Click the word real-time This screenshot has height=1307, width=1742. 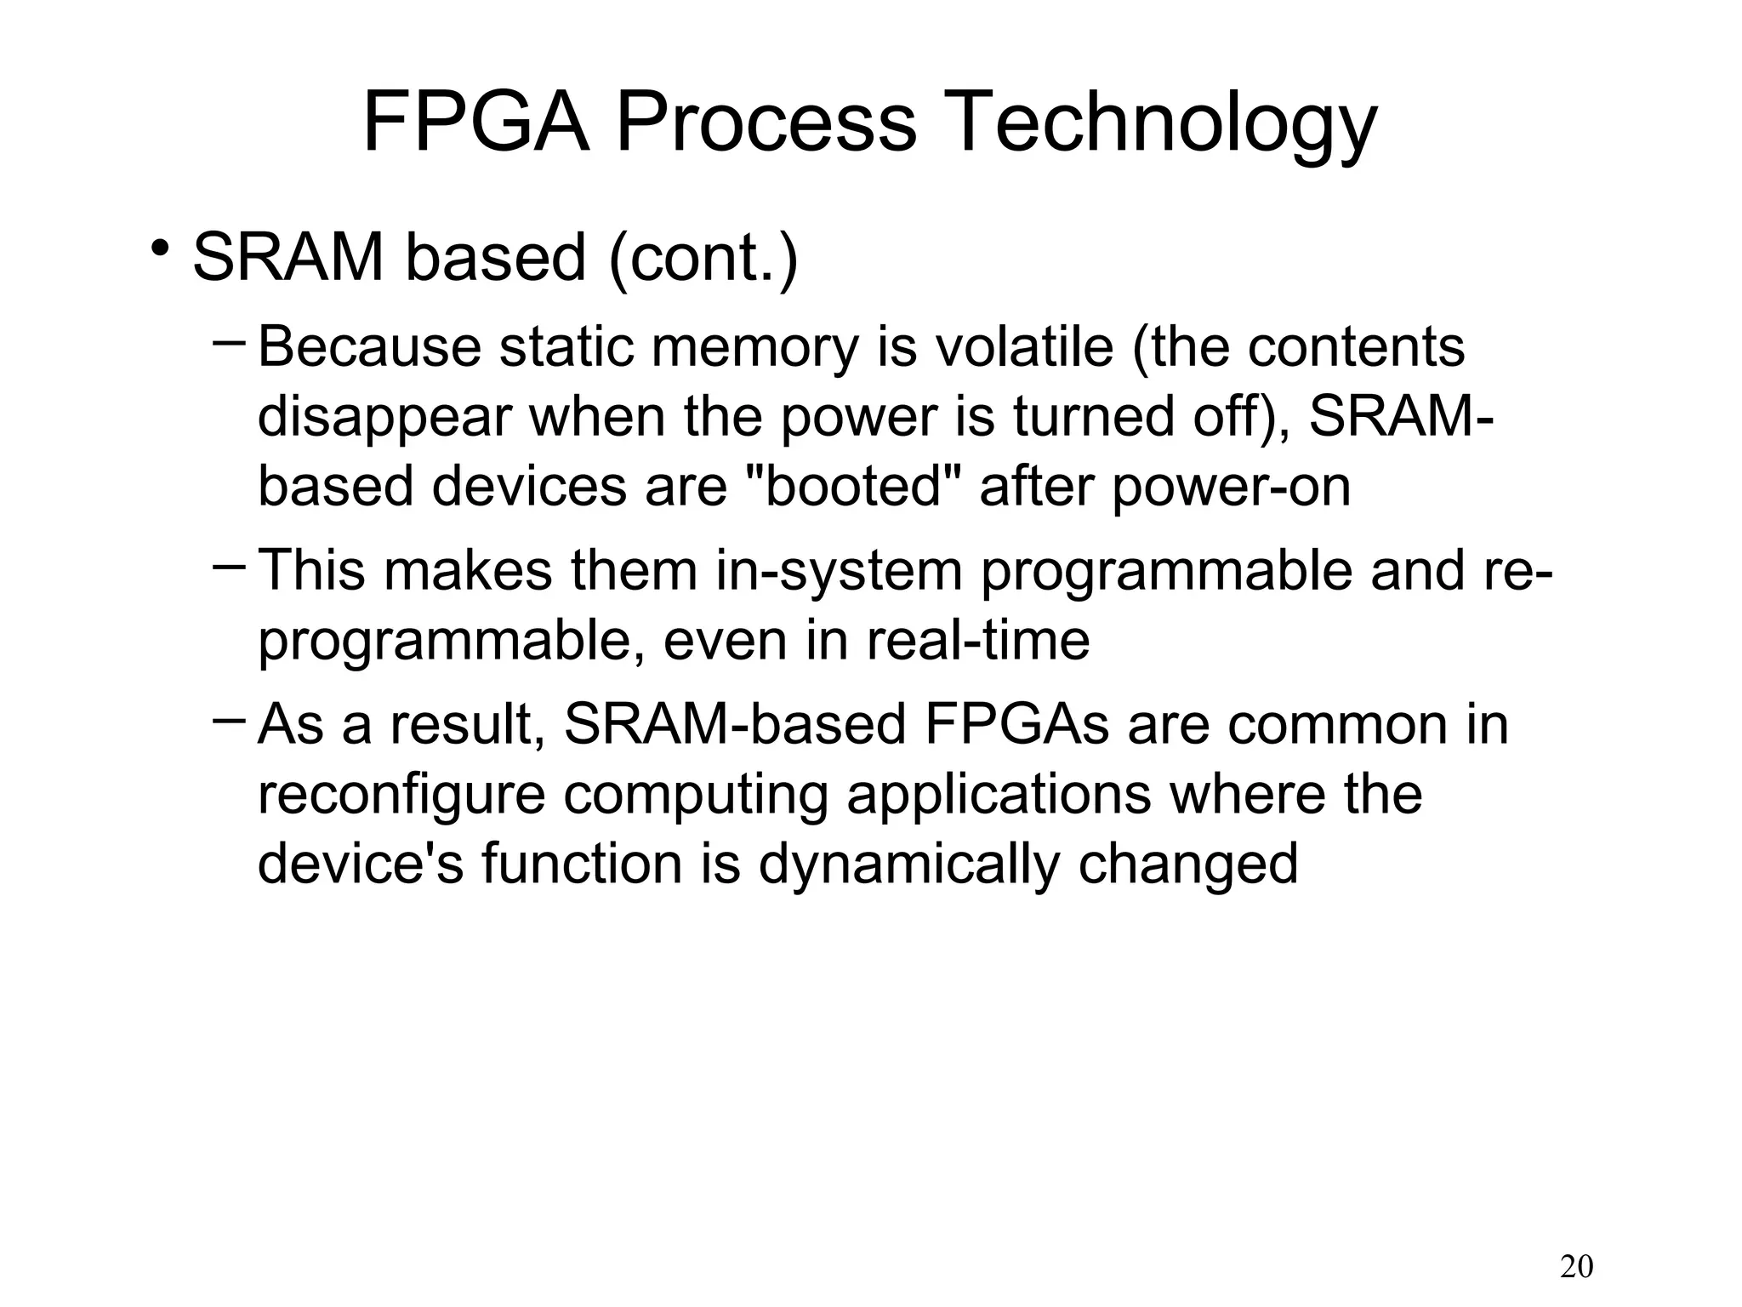click(x=978, y=640)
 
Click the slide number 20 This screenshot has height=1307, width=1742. click(x=1576, y=1267)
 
